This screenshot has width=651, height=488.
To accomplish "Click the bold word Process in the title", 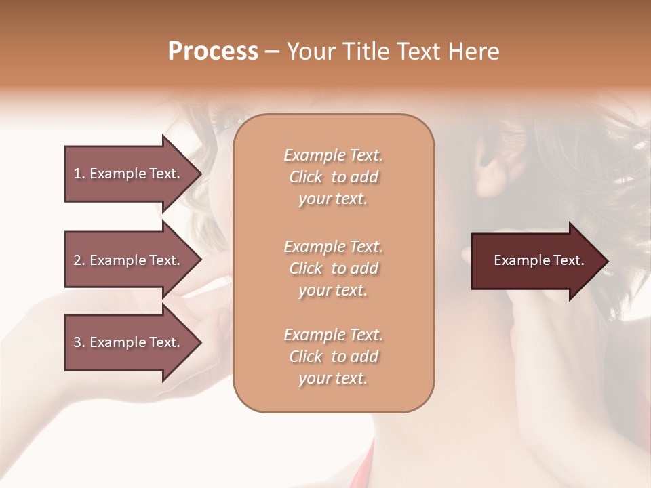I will pos(213,52).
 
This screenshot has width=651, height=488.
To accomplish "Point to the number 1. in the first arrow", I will pos(79,174).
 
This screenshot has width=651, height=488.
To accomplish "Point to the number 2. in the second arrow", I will pos(79,260).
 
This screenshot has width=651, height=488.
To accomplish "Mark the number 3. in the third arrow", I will pos(79,342).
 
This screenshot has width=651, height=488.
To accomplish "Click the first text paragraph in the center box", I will pos(333,177).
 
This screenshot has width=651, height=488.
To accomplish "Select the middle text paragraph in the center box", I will pos(333,268).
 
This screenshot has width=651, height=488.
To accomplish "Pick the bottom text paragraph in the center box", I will pos(333,357).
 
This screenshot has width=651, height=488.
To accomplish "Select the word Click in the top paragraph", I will pos(306,177).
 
